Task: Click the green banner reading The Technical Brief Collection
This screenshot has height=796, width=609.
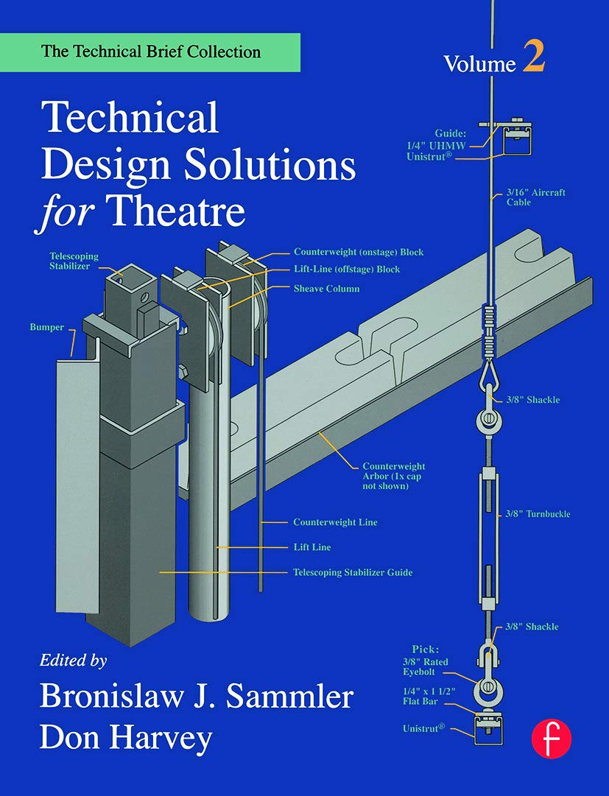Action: click(150, 52)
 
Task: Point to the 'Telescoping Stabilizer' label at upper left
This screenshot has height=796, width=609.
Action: click(74, 261)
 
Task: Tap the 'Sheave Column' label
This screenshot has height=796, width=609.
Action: click(326, 289)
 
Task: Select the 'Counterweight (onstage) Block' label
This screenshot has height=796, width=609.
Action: click(358, 252)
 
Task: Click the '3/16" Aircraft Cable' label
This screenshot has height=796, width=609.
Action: click(535, 197)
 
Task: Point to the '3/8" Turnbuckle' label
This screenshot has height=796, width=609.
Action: click(538, 513)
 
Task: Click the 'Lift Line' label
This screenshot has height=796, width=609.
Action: click(312, 547)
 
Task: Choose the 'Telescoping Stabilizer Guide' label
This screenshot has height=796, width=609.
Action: click(353, 571)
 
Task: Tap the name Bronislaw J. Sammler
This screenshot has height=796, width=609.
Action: click(197, 697)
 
